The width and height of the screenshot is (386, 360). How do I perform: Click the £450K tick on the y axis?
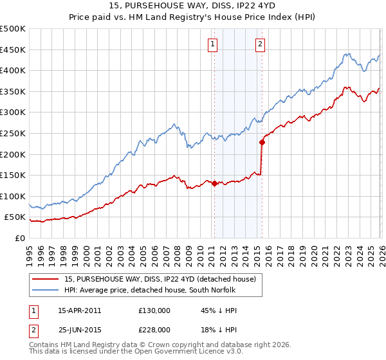pos(13,50)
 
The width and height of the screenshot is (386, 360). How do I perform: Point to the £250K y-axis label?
pos(13,133)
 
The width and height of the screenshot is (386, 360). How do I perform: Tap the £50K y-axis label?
pos(15,217)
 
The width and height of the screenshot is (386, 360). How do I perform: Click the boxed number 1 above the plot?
pos(213,44)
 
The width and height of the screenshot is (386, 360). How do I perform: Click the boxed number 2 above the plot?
pos(260,44)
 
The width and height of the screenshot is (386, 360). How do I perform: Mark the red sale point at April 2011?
pos(214,183)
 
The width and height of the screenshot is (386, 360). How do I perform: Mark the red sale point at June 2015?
pos(262,143)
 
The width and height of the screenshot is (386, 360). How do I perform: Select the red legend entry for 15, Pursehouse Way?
pos(160,279)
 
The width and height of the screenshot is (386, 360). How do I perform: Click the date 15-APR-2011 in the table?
pos(79,310)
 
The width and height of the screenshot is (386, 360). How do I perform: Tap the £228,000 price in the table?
pos(154,329)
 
